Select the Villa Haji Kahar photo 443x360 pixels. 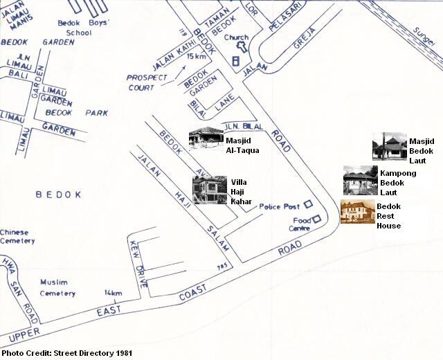(209, 190)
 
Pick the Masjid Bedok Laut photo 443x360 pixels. (388, 147)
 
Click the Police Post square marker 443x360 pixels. (308, 205)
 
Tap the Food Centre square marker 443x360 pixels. (316, 220)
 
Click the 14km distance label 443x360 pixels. (112, 293)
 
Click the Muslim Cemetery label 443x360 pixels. (57, 288)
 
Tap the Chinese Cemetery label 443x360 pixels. (17, 236)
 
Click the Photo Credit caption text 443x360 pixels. (66, 354)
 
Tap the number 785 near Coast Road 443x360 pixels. (222, 267)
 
